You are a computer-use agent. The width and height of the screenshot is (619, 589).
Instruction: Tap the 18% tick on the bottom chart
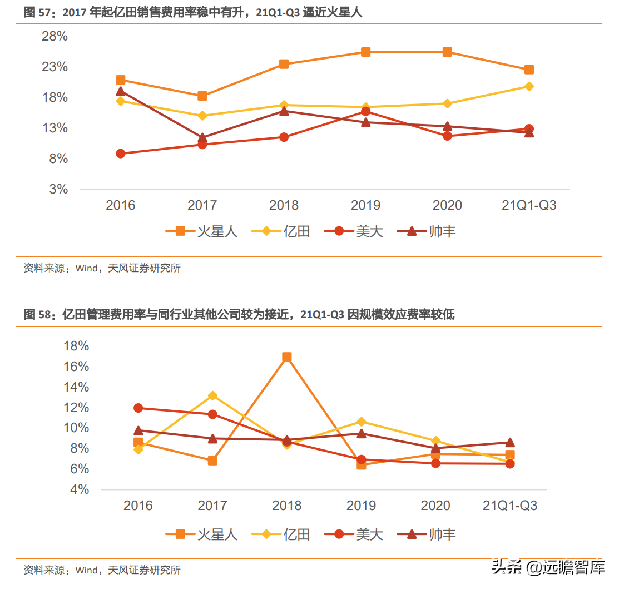76,346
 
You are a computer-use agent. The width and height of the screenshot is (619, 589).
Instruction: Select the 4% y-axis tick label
80,489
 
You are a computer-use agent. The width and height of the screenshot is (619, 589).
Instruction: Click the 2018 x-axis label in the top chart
284,205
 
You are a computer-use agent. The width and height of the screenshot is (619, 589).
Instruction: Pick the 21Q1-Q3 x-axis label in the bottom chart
510,506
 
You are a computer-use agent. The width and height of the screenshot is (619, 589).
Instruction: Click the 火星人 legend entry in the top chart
202,231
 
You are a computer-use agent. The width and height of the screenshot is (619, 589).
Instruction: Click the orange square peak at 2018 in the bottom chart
287,357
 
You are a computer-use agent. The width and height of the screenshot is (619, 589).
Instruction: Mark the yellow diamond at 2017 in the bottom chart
212,395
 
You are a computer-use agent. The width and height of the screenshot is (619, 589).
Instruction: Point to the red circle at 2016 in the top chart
121,154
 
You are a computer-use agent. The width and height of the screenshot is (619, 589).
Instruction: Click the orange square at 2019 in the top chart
365,52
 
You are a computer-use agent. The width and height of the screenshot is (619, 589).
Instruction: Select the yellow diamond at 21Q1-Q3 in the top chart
529,86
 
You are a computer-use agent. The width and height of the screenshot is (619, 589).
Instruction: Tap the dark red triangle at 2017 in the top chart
202,137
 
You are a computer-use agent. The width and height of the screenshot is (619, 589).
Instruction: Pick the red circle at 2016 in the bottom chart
138,408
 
